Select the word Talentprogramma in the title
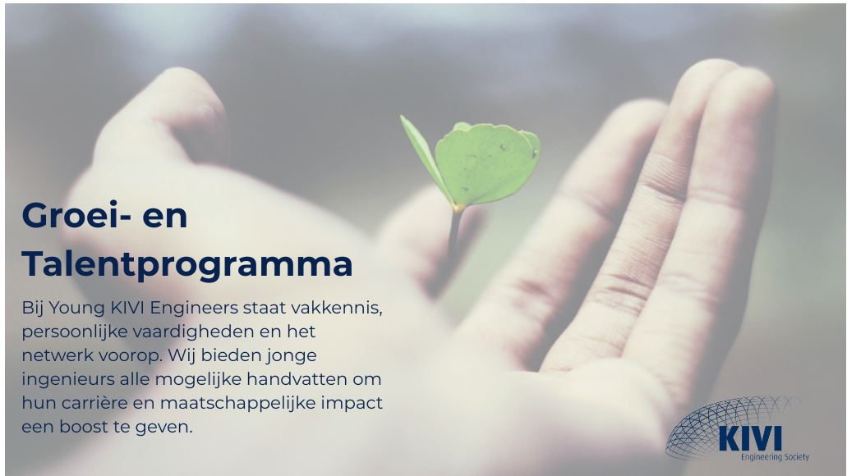(187, 264)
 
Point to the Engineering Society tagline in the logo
(774, 457)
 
